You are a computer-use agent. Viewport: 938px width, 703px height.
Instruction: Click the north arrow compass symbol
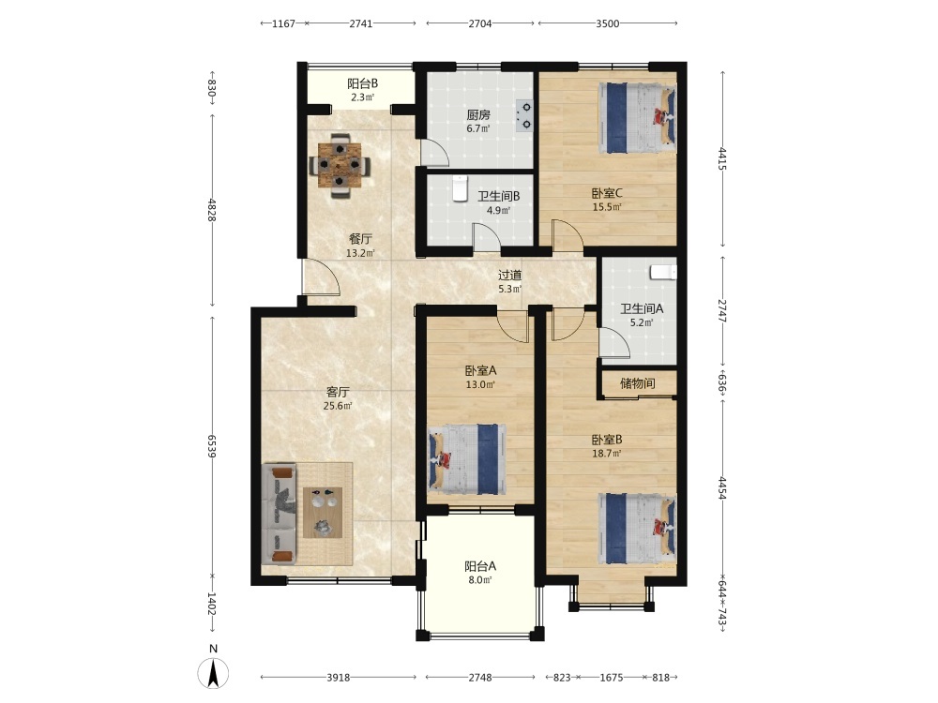213,672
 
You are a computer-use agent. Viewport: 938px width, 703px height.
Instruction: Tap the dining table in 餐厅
340,166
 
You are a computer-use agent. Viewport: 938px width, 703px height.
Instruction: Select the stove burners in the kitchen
524,115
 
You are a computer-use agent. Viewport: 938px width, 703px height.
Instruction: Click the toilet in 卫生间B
460,189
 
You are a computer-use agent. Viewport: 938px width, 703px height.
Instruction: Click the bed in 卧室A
466,459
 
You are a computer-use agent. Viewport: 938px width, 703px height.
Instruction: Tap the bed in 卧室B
637,529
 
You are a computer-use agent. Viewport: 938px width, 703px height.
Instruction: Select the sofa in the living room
279,514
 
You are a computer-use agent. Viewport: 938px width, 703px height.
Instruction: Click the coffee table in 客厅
323,513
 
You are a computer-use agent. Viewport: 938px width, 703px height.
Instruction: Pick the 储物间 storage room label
637,383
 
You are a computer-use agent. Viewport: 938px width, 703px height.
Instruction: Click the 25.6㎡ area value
338,406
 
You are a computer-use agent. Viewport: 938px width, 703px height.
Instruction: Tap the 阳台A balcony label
480,565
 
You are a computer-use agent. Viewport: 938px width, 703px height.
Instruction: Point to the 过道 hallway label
509,275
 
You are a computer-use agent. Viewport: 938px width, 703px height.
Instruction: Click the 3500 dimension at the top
607,23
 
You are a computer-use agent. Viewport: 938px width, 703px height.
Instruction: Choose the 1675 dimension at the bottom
611,678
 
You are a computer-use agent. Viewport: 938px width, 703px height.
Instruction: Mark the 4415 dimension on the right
722,158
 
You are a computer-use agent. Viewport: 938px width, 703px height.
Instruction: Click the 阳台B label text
362,83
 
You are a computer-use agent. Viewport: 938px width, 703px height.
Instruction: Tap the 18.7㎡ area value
607,454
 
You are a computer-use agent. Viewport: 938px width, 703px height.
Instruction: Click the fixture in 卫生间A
663,272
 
